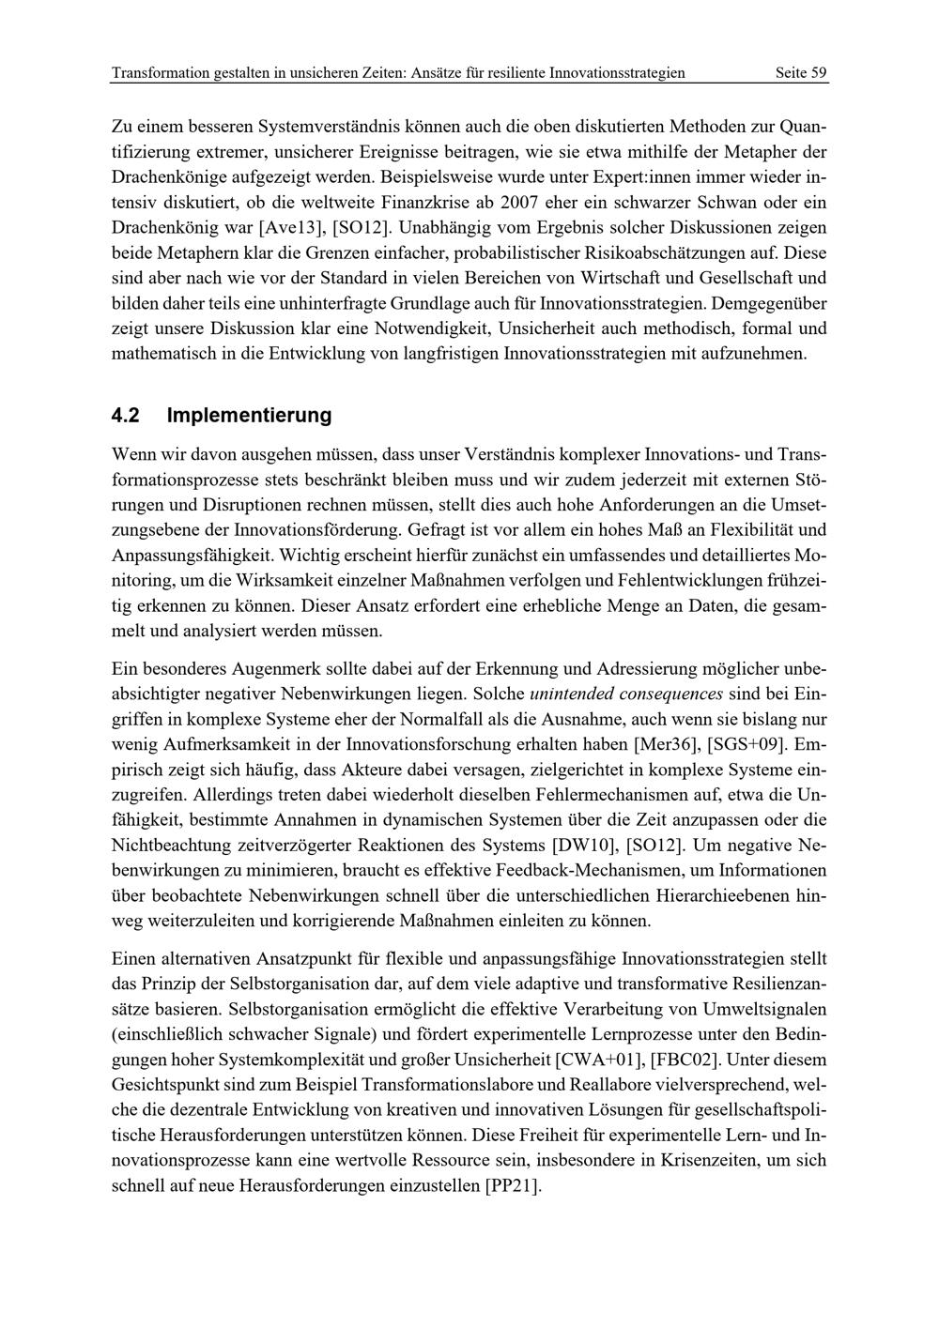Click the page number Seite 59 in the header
(x=800, y=72)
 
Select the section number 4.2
(x=125, y=415)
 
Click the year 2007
(x=522, y=202)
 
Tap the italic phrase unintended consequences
(x=626, y=694)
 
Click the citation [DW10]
(x=583, y=844)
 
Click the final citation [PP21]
(x=513, y=1185)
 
